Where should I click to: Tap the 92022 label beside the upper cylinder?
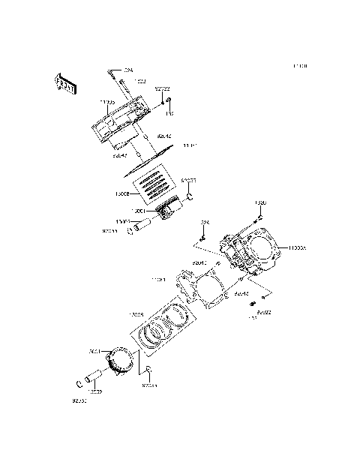[x=162, y=89]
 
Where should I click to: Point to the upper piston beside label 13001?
[x=166, y=209]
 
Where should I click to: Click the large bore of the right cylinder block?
[x=262, y=250]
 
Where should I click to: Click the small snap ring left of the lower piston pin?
[x=80, y=387]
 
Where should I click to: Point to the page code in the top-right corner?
[x=300, y=67]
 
